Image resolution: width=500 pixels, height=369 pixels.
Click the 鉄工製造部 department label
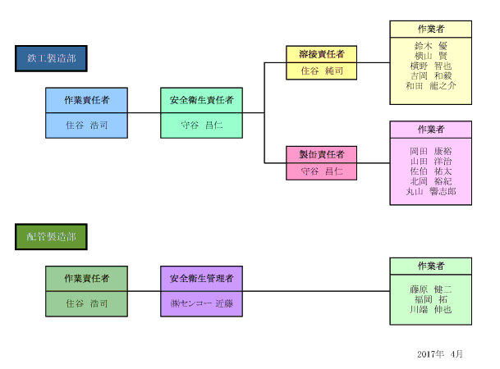coord(51,58)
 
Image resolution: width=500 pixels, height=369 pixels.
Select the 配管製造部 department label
coord(51,237)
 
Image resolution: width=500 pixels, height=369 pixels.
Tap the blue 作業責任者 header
coord(86,100)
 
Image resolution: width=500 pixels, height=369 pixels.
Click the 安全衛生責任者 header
coord(201,100)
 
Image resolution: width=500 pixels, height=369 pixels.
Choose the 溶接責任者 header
coord(321,54)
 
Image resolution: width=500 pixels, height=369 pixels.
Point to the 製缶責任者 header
coord(321,154)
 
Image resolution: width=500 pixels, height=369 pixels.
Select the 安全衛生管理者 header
coord(201,279)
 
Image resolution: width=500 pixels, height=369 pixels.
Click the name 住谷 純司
coord(321,71)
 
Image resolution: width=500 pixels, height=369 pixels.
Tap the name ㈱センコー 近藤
coord(201,303)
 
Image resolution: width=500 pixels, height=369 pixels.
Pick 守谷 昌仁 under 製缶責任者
coord(321,171)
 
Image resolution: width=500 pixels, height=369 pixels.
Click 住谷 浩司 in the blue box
coord(86,125)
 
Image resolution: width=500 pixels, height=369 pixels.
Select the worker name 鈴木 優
coord(430,46)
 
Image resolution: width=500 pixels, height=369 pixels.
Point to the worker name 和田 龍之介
coord(430,85)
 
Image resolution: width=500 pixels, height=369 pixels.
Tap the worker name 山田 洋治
coord(430,162)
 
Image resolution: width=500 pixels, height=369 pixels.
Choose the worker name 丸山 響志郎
coord(430,191)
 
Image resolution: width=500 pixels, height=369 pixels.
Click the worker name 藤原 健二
coord(430,289)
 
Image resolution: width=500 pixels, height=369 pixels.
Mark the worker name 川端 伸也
coord(430,309)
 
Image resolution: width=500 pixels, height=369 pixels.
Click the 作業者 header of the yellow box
coord(430,29)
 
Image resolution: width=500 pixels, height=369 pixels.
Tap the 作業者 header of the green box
coord(430,266)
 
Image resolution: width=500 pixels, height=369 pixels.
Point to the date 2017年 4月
coord(440,354)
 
